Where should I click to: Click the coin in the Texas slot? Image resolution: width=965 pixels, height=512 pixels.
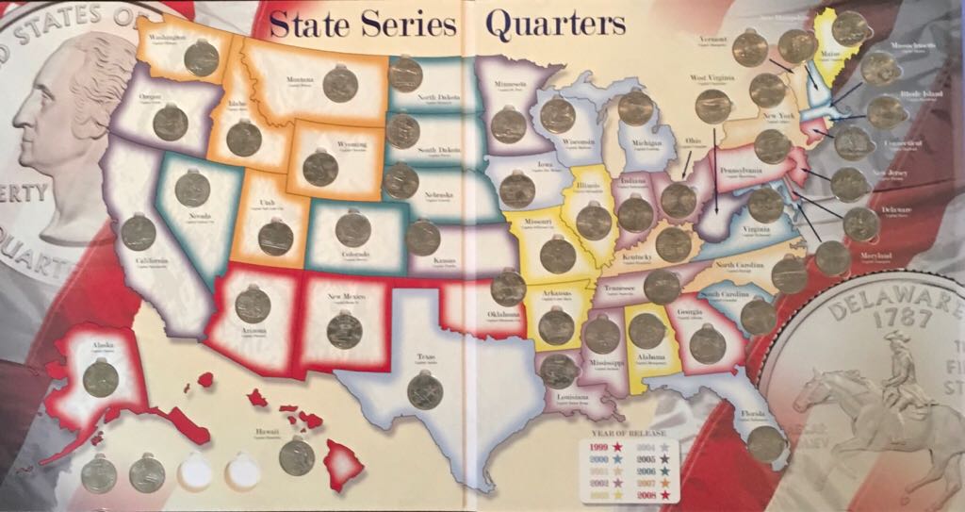[425, 389]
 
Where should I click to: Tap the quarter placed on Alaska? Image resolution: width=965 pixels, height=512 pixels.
[100, 379]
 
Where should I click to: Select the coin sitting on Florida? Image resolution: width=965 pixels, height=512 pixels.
[765, 443]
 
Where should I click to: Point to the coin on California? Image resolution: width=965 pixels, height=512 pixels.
[139, 232]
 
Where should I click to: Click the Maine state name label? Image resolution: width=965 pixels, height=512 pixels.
[831, 56]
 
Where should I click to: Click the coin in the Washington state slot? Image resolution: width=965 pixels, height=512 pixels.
[201, 58]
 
